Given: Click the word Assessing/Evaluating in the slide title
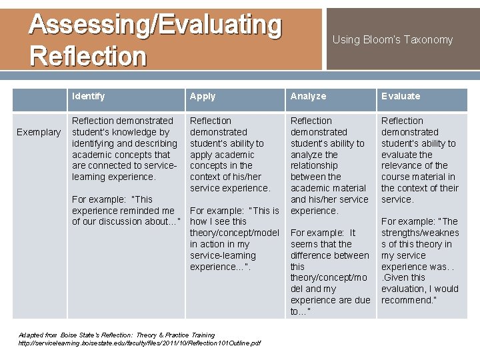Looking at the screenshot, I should (x=155, y=25).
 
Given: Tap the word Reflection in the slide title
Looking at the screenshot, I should (x=87, y=56).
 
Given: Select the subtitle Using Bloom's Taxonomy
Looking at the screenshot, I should (x=392, y=40).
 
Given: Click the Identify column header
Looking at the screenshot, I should (x=88, y=96).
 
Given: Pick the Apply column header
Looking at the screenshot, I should (x=203, y=96).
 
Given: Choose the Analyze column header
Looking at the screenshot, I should (x=308, y=96).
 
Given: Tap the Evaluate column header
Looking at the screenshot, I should (x=401, y=96).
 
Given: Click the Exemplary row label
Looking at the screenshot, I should (x=39, y=132).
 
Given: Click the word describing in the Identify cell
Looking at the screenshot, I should (x=156, y=143).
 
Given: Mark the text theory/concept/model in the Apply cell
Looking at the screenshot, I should (x=234, y=233).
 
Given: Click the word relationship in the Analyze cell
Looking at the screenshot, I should (x=314, y=165).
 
